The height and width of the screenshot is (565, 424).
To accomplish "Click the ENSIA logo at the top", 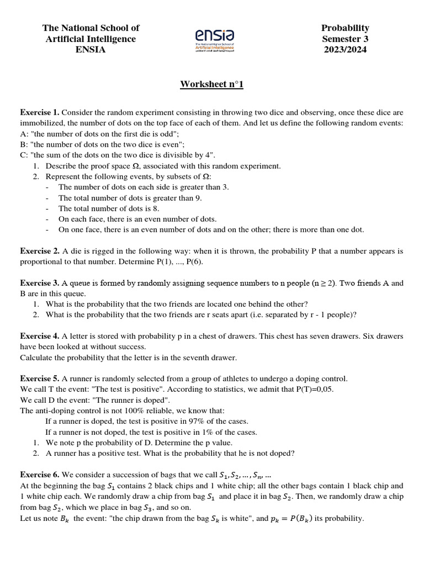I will click(x=215, y=40).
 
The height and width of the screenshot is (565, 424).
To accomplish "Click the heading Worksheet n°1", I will click(x=211, y=84).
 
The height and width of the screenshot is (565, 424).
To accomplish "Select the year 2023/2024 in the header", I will click(x=345, y=50).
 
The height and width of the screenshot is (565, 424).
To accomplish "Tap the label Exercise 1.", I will click(x=39, y=112).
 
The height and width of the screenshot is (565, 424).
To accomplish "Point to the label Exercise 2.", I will click(x=39, y=251).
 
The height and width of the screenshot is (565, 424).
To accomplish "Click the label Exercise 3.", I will click(x=39, y=283).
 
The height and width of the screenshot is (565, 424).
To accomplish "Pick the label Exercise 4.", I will click(x=39, y=336).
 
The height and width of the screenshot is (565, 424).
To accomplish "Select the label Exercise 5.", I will click(x=39, y=379).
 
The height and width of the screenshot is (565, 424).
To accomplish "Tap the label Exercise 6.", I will click(x=39, y=475).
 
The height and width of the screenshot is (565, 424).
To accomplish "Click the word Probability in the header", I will click(x=345, y=28).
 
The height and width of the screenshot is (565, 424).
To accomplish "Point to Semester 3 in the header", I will click(x=345, y=39).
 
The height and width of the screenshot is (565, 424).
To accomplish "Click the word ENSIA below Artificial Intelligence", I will click(x=91, y=50).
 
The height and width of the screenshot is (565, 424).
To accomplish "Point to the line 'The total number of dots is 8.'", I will click(x=109, y=209).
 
